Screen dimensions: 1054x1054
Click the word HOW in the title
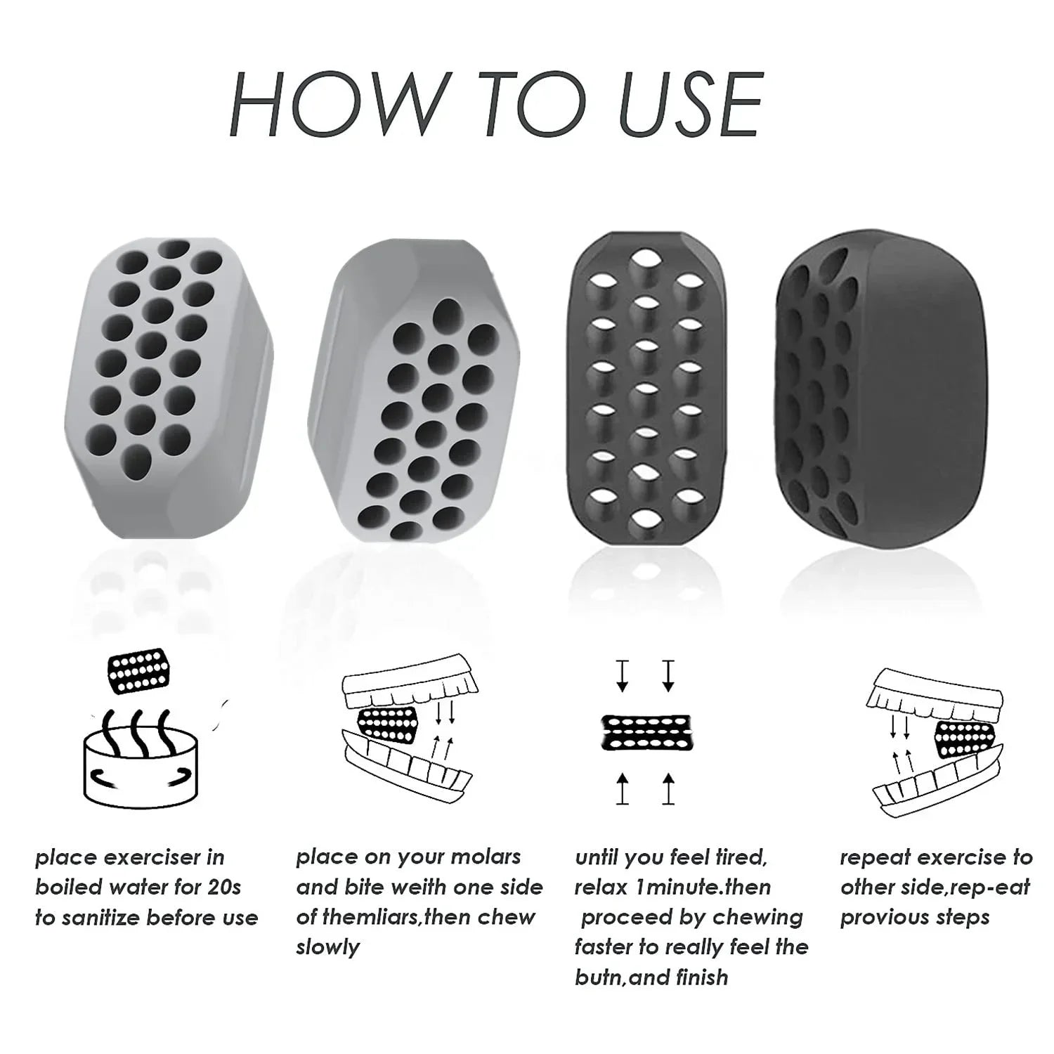coord(334,105)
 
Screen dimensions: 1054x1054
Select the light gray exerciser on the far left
coord(167,389)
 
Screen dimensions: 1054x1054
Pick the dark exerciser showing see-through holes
coord(647,389)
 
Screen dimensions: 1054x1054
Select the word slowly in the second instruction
coord(327,948)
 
